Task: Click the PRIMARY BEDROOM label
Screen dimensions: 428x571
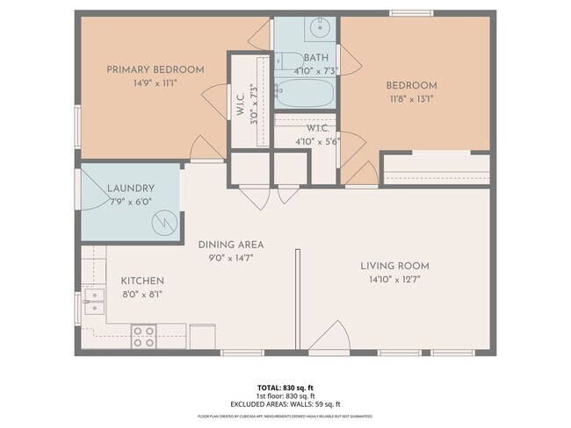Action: pyautogui.click(x=155, y=69)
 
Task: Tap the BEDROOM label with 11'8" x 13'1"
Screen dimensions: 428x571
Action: pyautogui.click(x=411, y=85)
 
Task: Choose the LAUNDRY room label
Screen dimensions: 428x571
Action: pyautogui.click(x=131, y=188)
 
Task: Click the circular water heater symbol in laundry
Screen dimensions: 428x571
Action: pyautogui.click(x=163, y=225)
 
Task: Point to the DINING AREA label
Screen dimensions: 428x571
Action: pyautogui.click(x=231, y=245)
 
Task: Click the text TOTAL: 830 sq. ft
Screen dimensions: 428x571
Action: pyautogui.click(x=285, y=386)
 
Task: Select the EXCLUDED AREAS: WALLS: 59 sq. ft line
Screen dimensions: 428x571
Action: pyautogui.click(x=285, y=403)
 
